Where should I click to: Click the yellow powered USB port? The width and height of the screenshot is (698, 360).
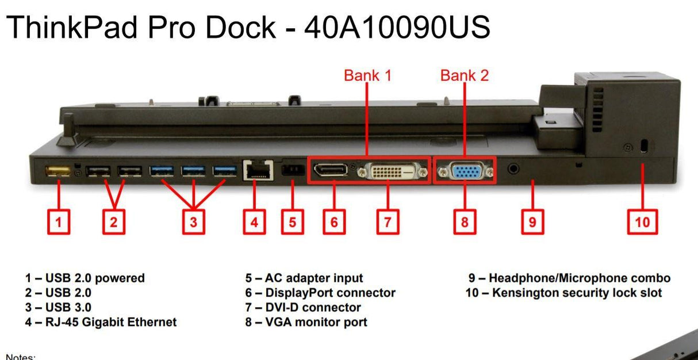click(x=58, y=171)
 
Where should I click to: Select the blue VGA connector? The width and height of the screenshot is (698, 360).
click(x=465, y=171)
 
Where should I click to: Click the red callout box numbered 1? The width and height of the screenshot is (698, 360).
click(x=58, y=222)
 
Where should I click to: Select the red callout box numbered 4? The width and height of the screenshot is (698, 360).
click(x=254, y=222)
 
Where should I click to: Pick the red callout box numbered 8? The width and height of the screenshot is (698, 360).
click(x=465, y=222)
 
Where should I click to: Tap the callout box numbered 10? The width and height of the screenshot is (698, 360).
click(x=642, y=222)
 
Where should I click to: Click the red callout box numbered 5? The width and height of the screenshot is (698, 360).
click(x=292, y=222)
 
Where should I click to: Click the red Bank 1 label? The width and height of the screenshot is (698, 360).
click(x=367, y=75)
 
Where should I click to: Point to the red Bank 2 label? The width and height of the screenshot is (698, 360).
click(x=465, y=75)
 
